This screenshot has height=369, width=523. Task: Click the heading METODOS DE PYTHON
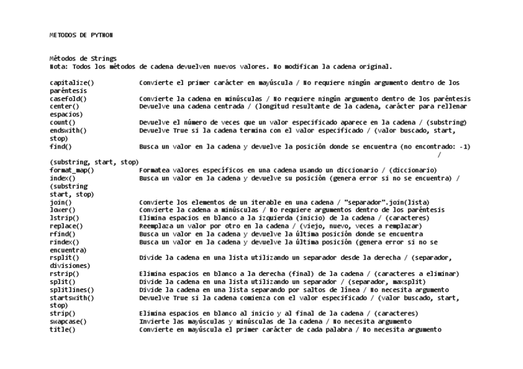pos(81,35)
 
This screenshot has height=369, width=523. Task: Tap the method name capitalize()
pos(72,83)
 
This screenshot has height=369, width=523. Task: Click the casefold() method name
pos(68,99)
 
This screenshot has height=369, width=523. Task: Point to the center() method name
pos(64,107)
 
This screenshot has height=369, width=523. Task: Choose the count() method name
pos(62,123)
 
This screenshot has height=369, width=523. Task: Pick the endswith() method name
pos(68,131)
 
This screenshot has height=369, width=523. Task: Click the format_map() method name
pos(72,170)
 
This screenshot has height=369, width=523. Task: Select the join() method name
pos(60,202)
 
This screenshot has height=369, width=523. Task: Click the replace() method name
pos(66,226)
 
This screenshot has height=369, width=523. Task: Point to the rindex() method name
pos(64,242)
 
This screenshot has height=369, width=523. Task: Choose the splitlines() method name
pos(72,290)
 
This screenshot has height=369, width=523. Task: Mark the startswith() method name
pos(72,298)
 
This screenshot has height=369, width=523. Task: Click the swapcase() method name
pos(68,322)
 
